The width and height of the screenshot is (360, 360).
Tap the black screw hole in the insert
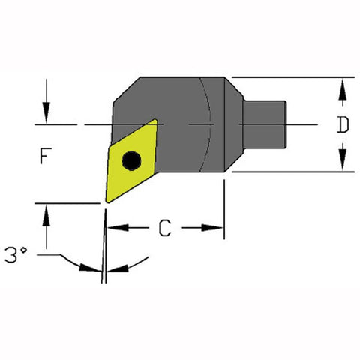point(132,160)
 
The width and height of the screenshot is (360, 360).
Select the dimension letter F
point(46,157)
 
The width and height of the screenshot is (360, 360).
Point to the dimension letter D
point(342,125)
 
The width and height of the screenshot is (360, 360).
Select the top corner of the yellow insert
point(155,120)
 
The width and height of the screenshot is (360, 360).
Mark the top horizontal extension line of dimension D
point(292,76)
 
